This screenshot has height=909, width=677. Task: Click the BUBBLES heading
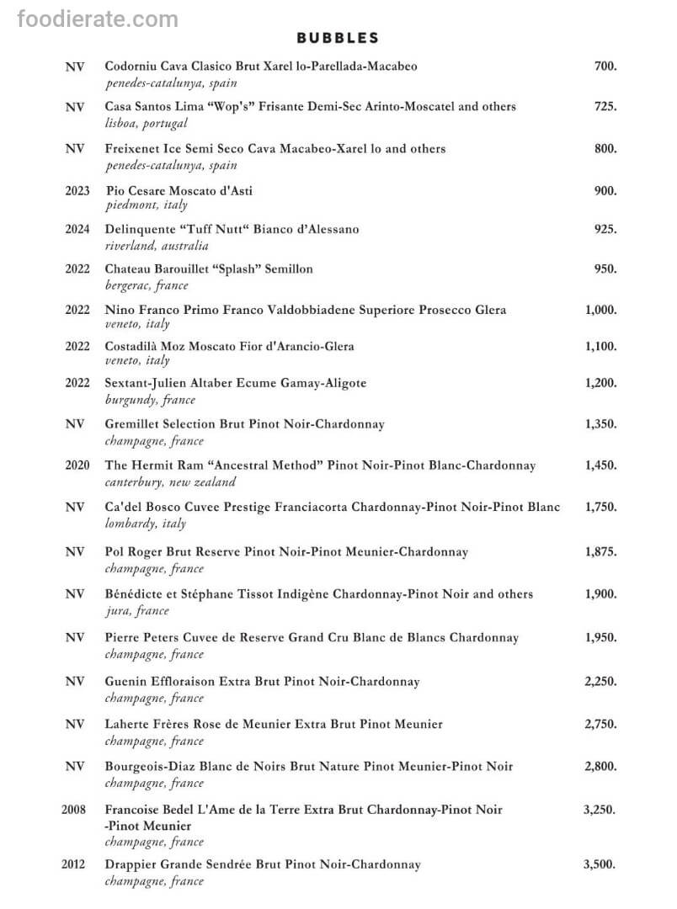point(338,38)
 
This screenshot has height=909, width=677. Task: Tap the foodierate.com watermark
point(97,19)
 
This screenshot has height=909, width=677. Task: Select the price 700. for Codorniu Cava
point(605,66)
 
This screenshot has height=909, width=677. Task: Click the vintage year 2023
point(77,191)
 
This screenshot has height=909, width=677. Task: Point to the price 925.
point(605,229)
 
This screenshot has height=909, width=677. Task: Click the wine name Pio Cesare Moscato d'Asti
point(179,191)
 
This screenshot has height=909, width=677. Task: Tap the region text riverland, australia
point(157,246)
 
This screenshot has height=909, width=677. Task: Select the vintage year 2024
point(77,229)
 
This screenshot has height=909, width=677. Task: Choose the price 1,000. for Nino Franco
point(600,310)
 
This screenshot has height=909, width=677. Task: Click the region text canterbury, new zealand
point(170,482)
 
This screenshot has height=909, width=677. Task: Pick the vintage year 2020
point(77,465)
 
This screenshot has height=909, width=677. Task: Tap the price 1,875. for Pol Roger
point(600,552)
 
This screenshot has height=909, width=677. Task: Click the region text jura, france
point(136,611)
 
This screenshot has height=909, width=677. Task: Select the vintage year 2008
point(73,810)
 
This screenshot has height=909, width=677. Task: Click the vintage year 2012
point(73,864)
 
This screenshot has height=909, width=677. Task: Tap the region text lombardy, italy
point(146,524)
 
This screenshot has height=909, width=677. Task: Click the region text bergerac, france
point(147,286)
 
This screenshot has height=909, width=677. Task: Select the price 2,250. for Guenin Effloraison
point(600,681)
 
